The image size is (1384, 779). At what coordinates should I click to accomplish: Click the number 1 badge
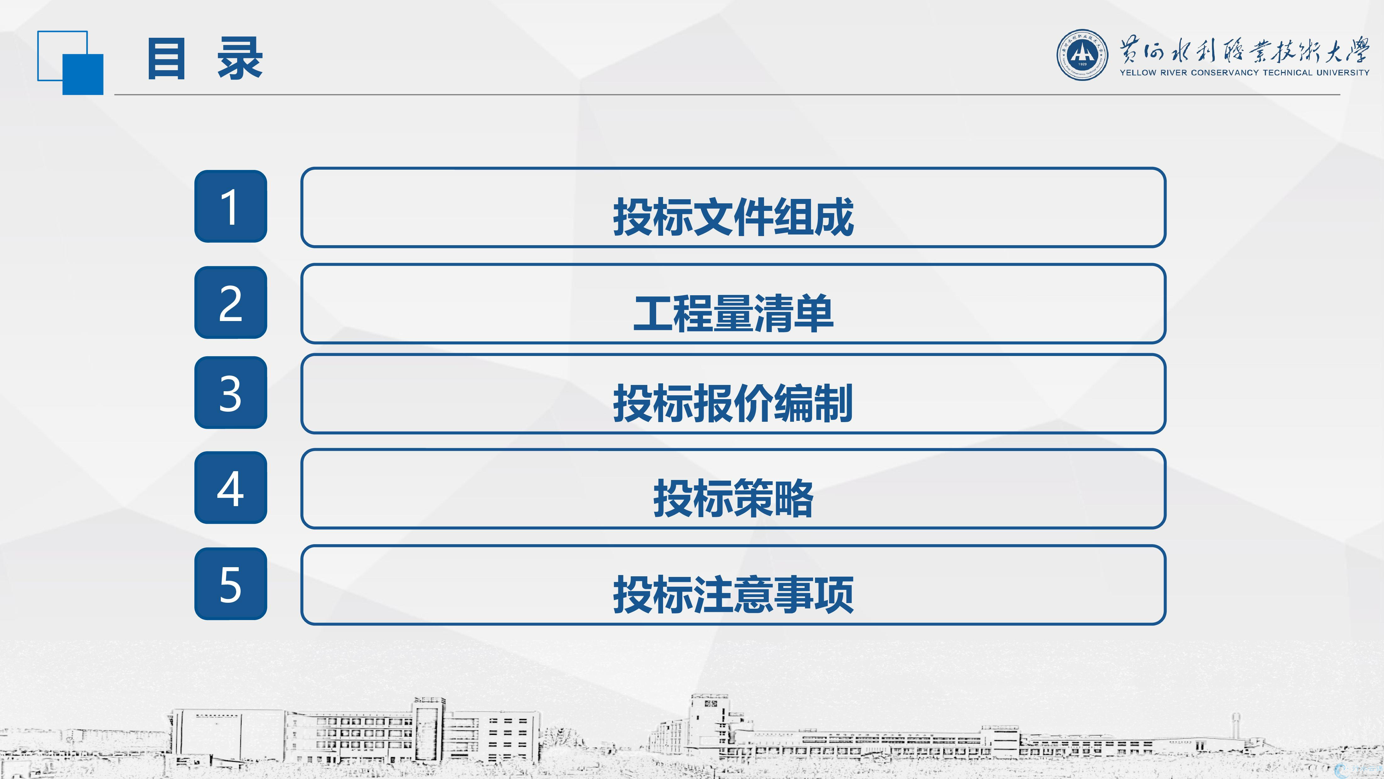point(231,206)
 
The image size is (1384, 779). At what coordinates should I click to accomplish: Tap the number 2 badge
point(231,303)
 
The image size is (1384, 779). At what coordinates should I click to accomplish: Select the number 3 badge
point(231,392)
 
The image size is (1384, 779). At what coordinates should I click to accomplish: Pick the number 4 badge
point(231,488)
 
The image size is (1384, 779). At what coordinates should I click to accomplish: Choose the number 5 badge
point(231,584)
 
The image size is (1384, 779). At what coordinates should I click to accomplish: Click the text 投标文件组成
point(734,217)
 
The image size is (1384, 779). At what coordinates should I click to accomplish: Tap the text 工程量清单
point(734,313)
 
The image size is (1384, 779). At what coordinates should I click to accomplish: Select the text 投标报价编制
point(734,403)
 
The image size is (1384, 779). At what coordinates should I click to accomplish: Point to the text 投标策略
point(734,498)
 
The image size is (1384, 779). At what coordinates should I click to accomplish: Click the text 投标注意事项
point(734,595)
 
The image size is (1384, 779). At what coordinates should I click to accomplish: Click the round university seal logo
point(1082,55)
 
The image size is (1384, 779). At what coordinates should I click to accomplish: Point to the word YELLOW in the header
point(1137,73)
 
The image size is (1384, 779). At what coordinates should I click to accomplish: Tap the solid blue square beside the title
point(83,74)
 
